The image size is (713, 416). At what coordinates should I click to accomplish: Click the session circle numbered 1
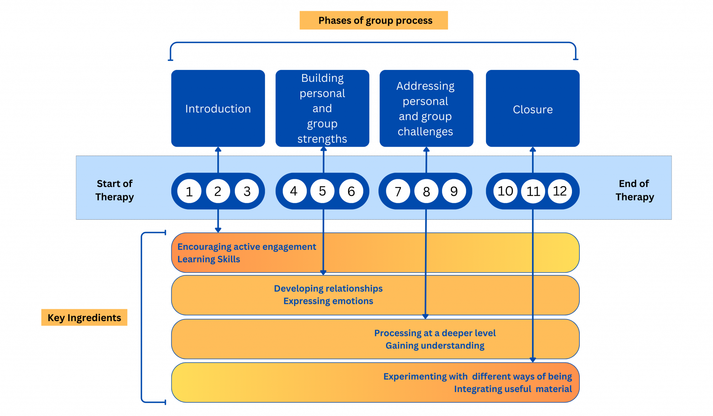pos(189,191)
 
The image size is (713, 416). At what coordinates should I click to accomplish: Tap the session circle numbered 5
pos(322,191)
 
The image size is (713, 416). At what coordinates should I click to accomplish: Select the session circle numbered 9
pos(454,191)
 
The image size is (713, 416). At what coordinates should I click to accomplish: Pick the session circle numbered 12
pos(560,191)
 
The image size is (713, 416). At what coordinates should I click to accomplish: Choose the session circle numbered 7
pos(398,191)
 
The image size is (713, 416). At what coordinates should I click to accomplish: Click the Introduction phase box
pos(218,108)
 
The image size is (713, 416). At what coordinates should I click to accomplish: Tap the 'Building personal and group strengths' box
pos(322,108)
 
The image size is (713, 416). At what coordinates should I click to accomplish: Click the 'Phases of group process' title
pos(374,20)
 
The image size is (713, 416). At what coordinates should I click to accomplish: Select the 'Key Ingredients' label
pos(84,317)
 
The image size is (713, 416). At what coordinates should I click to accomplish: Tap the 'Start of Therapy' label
pos(115,190)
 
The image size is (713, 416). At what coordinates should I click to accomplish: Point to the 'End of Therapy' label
pos(634,190)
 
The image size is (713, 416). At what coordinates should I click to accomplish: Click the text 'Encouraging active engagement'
pos(246,247)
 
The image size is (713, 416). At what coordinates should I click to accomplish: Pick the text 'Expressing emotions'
pos(328,301)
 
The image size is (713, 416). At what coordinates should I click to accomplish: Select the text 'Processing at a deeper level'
pos(435,333)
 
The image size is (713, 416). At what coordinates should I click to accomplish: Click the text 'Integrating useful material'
pos(512,389)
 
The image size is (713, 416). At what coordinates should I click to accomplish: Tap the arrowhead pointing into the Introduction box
pos(218,150)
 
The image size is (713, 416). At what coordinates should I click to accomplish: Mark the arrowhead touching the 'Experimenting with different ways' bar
pos(533,360)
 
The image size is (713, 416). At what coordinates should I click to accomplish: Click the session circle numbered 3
pos(247,191)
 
